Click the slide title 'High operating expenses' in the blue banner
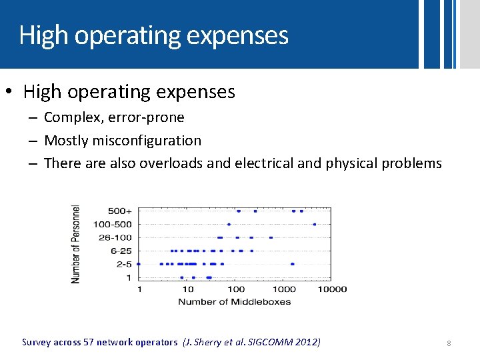[x=154, y=35]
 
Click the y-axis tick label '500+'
[x=121, y=211]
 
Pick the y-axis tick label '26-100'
[x=115, y=237]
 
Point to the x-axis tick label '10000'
[x=332, y=289]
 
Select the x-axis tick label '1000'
[x=285, y=289]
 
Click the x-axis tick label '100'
[x=236, y=289]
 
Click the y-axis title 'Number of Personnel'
[x=76, y=243]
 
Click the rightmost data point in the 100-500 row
[x=314, y=225]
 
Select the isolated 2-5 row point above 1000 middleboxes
[x=292, y=264]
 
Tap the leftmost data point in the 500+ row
[x=239, y=211]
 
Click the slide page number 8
[x=449, y=343]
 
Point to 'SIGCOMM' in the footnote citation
[x=266, y=343]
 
